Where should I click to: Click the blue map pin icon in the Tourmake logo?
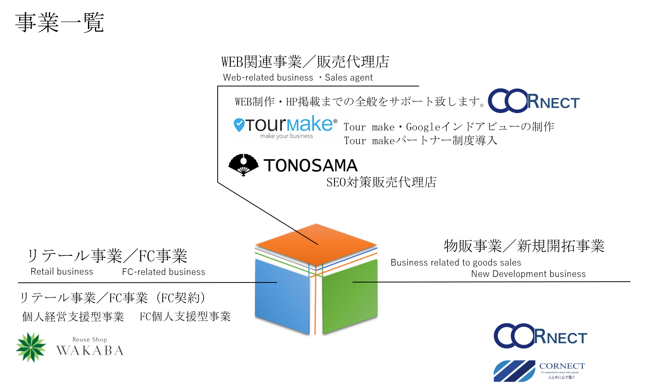(x=239, y=125)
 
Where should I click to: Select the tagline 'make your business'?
(x=286, y=136)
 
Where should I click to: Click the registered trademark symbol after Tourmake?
(x=335, y=121)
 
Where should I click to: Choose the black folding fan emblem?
(x=244, y=164)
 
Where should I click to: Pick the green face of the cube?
(x=350, y=301)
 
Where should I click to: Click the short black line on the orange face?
(x=306, y=237)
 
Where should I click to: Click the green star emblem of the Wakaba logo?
(x=31, y=347)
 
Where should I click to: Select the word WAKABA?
(x=90, y=350)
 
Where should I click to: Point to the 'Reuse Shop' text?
(x=89, y=340)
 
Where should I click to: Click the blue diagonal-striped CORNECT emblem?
(x=514, y=371)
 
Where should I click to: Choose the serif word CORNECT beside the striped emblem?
(x=562, y=366)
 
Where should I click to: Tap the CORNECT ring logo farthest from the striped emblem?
(x=533, y=101)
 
